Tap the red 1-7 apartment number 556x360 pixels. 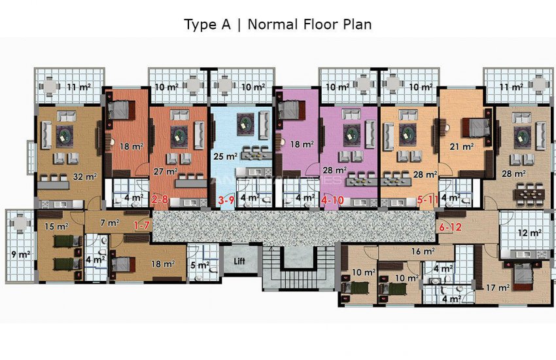pos(143,226)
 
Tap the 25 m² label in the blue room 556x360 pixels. pos(226,156)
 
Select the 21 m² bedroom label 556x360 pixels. pos(461,147)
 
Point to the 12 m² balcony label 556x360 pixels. pos(527,232)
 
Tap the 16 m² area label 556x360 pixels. pos(423,251)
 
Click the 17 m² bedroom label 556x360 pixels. pos(498,287)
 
